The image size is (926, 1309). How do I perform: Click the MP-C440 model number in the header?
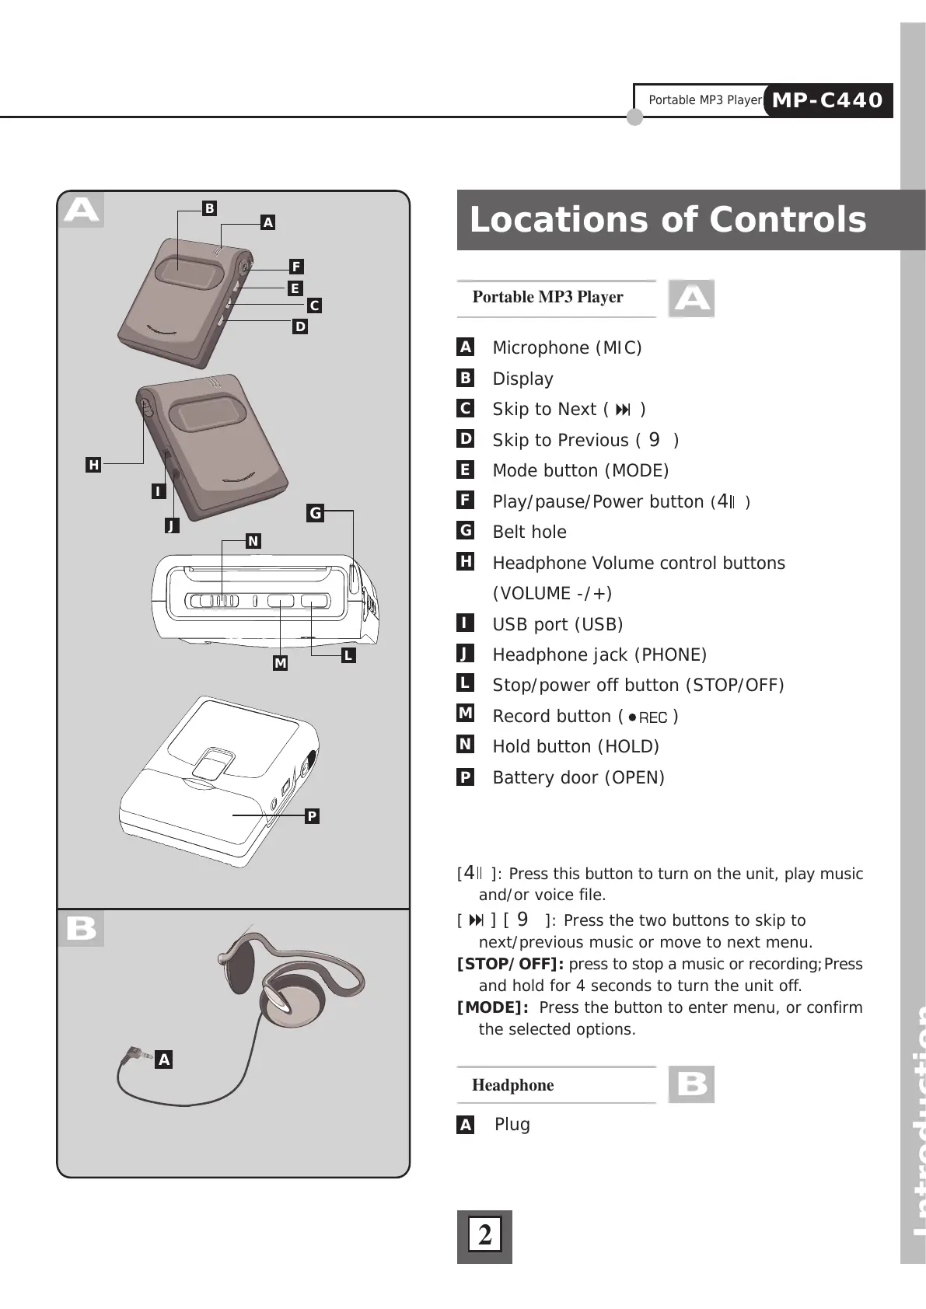coord(827,100)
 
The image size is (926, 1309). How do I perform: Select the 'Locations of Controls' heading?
coord(667,220)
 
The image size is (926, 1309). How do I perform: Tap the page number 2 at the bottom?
coord(484,1235)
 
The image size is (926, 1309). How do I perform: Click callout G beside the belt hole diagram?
coord(315,513)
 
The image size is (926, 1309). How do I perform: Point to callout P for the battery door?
coord(312,816)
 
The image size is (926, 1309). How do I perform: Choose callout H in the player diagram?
coord(94,465)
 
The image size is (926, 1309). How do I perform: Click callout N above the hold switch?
coord(253,541)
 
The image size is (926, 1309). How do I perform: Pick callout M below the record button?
coord(280,663)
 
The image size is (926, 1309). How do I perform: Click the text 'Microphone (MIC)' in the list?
coord(567,347)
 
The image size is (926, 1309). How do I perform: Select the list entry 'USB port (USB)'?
coord(557,624)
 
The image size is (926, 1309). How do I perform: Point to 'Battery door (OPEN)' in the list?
coord(578,777)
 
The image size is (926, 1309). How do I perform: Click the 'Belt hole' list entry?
coord(529,532)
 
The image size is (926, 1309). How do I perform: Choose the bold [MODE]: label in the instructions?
coord(493,1008)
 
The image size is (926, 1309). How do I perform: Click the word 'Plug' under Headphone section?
coord(512,1124)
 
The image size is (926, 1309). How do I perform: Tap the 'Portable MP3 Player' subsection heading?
coord(547,298)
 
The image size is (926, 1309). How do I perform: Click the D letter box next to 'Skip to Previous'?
coord(465,438)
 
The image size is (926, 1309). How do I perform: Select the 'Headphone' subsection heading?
coord(512,1085)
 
